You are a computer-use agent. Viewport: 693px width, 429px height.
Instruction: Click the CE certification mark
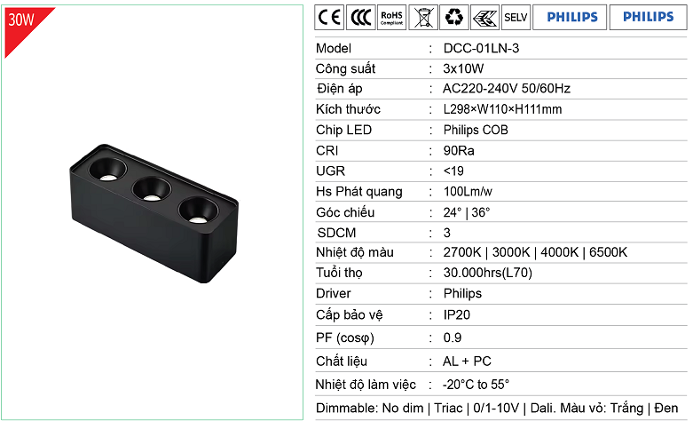tap(329, 17)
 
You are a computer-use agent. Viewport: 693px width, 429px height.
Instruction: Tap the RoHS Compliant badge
tap(391, 17)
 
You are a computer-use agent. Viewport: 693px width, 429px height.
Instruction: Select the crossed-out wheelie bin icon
tap(423, 17)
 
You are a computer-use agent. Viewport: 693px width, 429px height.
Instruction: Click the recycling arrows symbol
tap(454, 17)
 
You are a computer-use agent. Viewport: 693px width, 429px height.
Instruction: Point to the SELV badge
tap(516, 17)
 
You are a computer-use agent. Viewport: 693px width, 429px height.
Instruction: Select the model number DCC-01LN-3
tap(481, 48)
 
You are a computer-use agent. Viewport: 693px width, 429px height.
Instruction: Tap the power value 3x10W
tap(463, 68)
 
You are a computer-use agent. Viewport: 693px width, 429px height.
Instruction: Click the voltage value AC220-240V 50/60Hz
tap(507, 89)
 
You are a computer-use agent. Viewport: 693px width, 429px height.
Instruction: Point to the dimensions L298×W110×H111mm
tap(502, 109)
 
